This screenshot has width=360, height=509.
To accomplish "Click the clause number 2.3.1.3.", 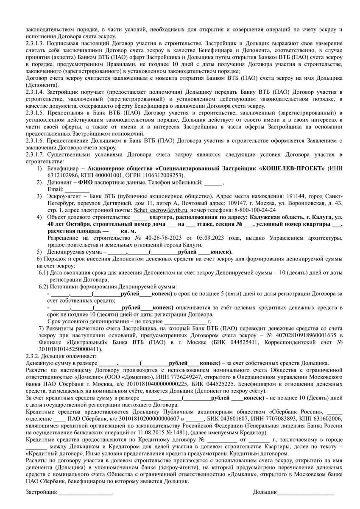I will [x=36, y=44].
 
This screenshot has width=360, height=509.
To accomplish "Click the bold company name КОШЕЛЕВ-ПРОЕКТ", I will [x=293, y=169].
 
